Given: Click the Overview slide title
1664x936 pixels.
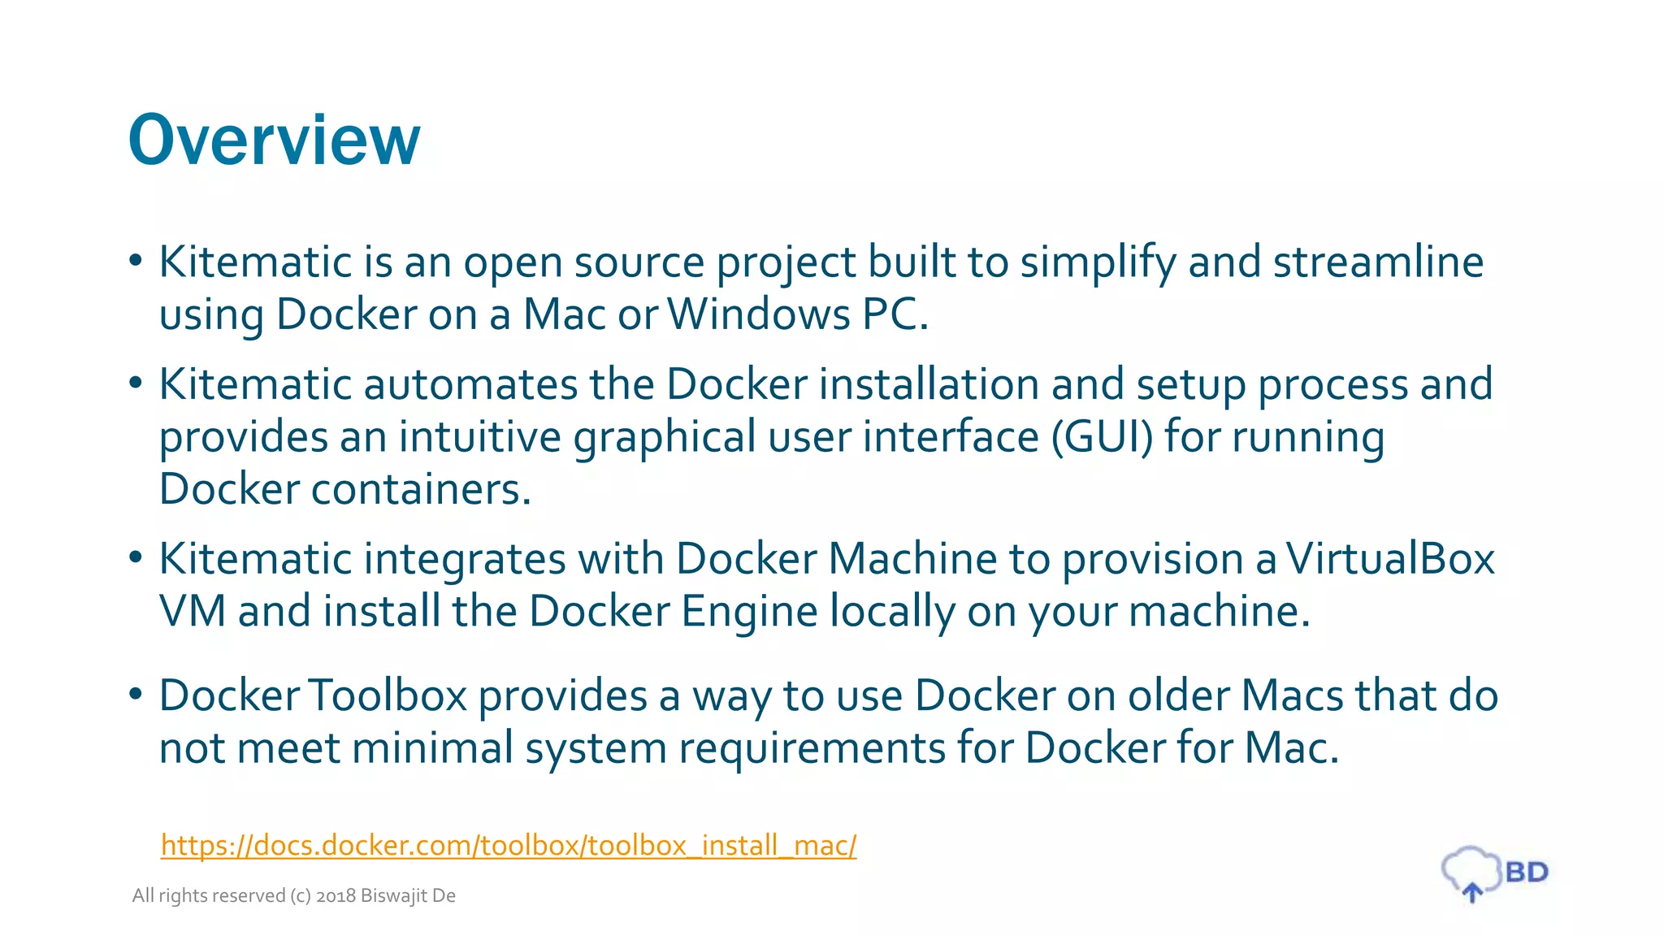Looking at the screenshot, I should [x=274, y=140].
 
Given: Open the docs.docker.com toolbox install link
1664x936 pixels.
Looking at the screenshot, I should [x=508, y=846].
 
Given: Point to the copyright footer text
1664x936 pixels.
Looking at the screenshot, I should [x=293, y=895].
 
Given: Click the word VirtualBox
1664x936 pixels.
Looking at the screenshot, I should [x=1389, y=559].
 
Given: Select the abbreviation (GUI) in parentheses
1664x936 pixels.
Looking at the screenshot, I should [x=1101, y=437].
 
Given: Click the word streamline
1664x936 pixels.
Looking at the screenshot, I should [x=1378, y=262].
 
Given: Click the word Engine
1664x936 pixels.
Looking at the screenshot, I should [x=749, y=611].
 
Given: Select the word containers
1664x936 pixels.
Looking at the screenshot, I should [x=421, y=489].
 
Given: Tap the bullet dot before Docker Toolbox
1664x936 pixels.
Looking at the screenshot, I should [x=136, y=694].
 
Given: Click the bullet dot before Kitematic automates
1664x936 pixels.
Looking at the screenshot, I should [x=136, y=382].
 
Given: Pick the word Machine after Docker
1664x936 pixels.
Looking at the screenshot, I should [x=912, y=559].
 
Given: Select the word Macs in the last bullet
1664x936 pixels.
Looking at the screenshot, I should [x=1292, y=695].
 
